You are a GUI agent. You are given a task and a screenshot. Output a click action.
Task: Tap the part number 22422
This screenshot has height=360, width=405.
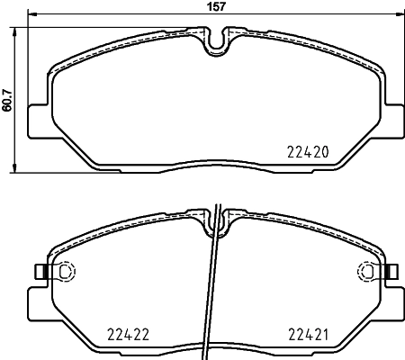click(x=129, y=332)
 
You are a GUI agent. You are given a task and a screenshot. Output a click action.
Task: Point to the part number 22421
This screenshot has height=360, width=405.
click(x=309, y=332)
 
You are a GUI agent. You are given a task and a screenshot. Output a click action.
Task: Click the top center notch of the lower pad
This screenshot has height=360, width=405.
click(x=216, y=218)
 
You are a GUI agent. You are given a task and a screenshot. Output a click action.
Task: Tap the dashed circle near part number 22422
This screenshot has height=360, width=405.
click(x=64, y=271)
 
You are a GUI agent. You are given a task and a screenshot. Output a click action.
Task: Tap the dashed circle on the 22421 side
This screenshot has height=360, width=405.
click(x=368, y=271)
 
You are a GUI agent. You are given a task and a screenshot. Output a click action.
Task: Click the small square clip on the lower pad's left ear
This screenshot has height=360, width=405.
click(x=39, y=271)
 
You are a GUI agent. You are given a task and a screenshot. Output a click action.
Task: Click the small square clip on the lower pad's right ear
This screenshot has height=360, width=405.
click(x=393, y=271)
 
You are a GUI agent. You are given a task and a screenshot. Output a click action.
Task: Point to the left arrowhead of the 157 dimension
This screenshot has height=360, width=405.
click(x=31, y=15)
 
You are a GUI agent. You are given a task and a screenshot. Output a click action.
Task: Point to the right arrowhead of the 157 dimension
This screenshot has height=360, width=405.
click(x=400, y=15)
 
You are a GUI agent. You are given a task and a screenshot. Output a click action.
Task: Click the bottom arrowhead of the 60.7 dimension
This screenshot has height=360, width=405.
click(x=15, y=167)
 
